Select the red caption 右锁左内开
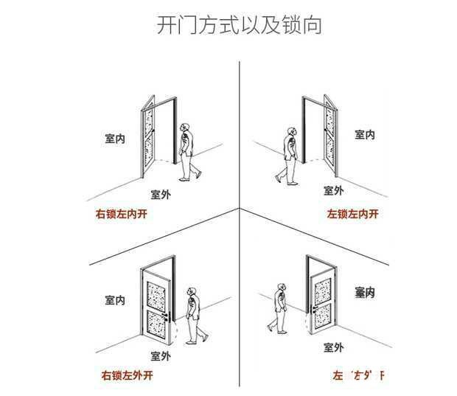pyautogui.click(x=122, y=215)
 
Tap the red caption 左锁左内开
pyautogui.click(x=352, y=215)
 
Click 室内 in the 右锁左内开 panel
pyautogui.click(x=115, y=138)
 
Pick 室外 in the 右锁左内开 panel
pyautogui.click(x=161, y=194)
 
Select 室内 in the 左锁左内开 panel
pyautogui.click(x=365, y=134)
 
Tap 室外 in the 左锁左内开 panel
pyautogui.click(x=333, y=190)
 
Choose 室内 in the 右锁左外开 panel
pyautogui.click(x=115, y=300)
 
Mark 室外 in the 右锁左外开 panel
pyautogui.click(x=161, y=355)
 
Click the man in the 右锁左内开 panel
pyautogui.click(x=189, y=150)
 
